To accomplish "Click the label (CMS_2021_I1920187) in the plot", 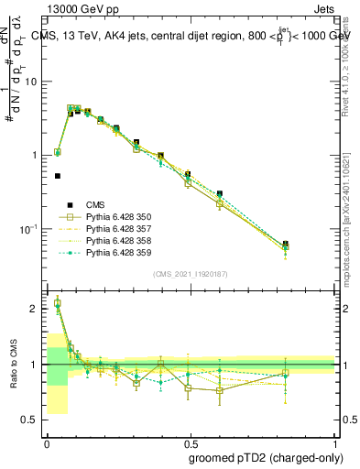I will [x=191, y=273].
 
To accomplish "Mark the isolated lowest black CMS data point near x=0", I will [x=58, y=175].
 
